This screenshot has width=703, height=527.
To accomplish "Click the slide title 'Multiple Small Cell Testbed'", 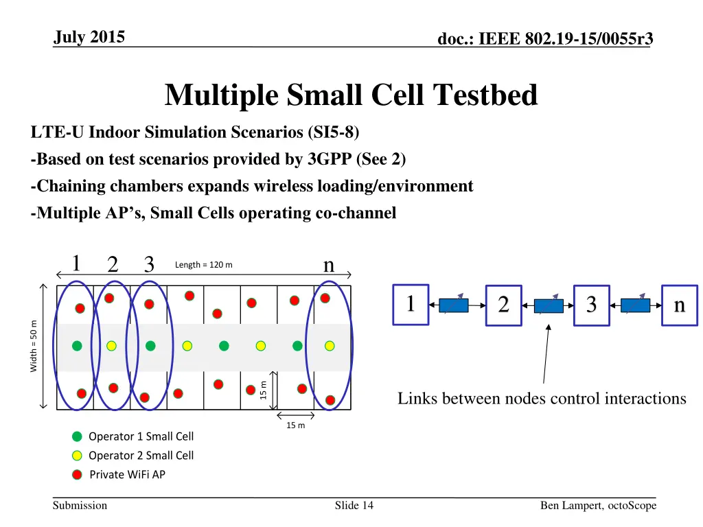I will coord(351,95).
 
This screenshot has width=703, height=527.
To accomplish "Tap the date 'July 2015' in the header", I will coord(89,37).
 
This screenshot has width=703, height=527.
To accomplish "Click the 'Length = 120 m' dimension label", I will coord(204,265).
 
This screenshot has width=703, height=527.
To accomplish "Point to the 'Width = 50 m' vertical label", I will coord(34,347).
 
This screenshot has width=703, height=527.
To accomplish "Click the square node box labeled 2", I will coord(503,305).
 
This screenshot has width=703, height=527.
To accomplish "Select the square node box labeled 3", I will coord(591,305).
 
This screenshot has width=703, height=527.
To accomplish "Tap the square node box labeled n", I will coord(679,305).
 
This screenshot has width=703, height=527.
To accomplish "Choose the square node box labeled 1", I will coord(410,303).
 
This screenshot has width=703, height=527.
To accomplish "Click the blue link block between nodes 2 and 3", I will coord(549,305).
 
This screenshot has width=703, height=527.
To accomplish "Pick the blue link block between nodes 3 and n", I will coord(635,305).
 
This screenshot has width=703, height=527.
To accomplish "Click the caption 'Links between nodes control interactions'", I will coord(542,399).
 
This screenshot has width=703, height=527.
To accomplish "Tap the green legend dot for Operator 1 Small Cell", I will coord(77,436).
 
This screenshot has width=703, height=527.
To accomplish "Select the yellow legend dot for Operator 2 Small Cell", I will coord(77,456).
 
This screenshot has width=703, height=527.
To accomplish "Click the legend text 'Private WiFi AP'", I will coord(128,475).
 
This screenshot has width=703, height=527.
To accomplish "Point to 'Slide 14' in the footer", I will coord(354,506).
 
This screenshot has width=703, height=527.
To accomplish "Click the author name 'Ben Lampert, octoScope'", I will coord(598,506).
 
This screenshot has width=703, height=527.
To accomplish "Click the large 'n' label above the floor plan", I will coord(329,264).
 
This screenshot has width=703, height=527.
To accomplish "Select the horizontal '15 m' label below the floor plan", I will coord(295,425).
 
